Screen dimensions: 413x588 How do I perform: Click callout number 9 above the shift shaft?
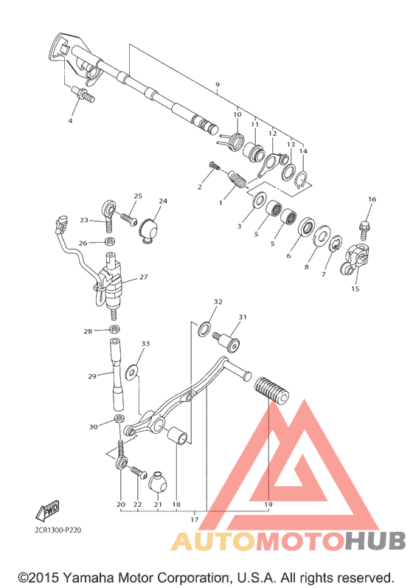[x=218, y=85]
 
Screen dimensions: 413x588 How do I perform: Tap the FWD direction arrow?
[x=48, y=511]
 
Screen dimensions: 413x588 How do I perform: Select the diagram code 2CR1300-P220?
[x=58, y=530]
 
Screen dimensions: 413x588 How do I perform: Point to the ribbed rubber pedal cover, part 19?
[x=271, y=391]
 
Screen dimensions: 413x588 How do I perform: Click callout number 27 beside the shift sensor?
[x=144, y=277]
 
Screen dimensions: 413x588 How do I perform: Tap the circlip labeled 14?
[x=302, y=180]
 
